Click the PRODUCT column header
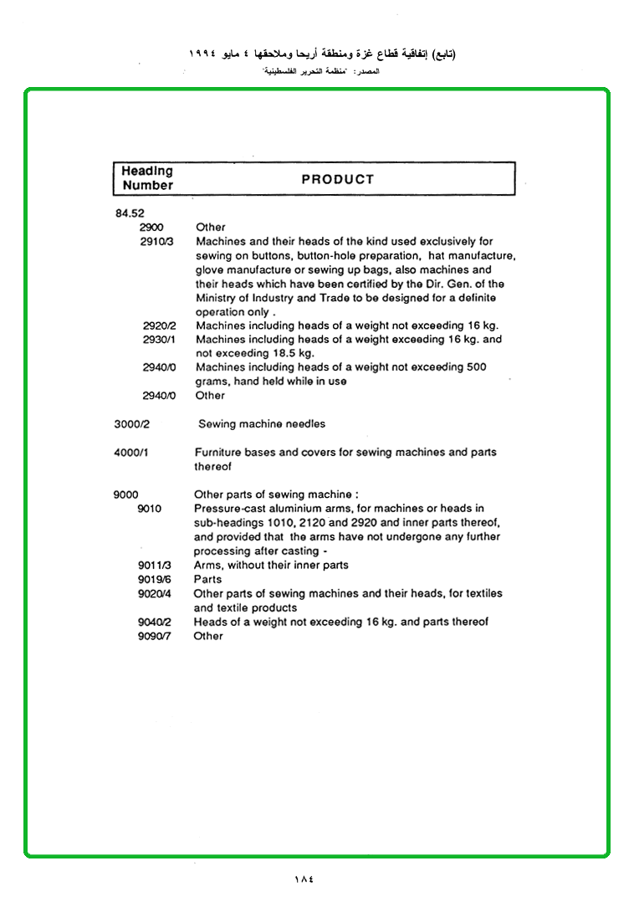(337, 179)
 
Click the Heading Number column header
(147, 178)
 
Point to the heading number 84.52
(130, 213)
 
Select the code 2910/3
(156, 242)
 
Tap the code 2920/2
(159, 325)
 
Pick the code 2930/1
(159, 340)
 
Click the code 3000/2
(131, 424)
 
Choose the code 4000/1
(131, 453)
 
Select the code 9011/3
(155, 566)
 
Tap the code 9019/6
(155, 580)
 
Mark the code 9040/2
(155, 623)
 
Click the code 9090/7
(155, 637)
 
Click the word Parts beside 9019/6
(207, 579)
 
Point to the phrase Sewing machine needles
(262, 424)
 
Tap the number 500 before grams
(474, 367)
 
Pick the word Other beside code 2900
(211, 228)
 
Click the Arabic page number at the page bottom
(304, 879)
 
